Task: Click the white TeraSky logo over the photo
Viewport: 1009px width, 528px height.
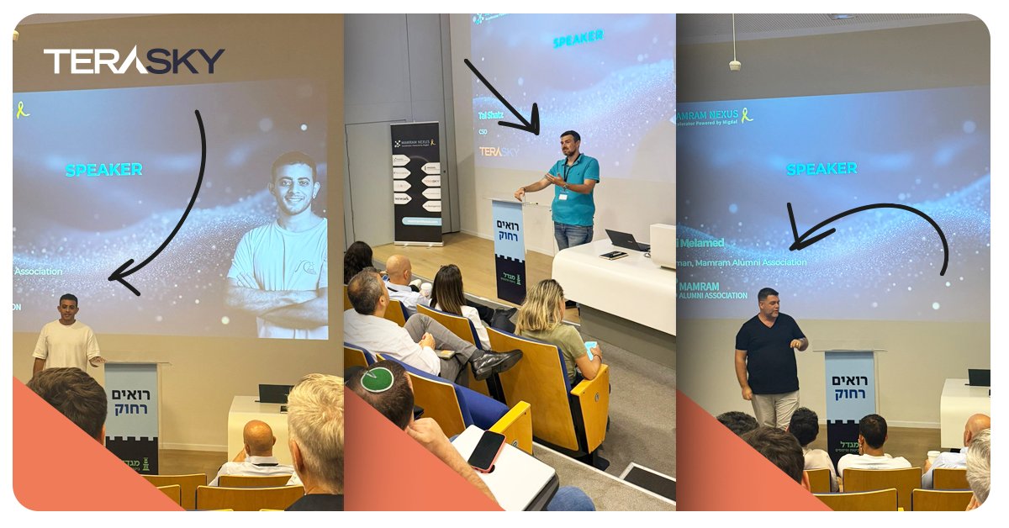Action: tap(134, 61)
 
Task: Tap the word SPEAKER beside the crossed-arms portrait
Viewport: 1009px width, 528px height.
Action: tap(103, 170)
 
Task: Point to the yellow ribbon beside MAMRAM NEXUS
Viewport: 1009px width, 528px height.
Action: tap(746, 114)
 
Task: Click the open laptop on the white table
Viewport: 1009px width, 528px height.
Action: tap(626, 240)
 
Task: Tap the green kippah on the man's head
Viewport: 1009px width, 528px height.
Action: tap(378, 378)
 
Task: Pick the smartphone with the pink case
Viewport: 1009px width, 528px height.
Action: tap(486, 450)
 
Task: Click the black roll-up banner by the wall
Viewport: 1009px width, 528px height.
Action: tap(416, 182)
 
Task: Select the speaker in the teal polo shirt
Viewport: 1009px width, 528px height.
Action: tap(574, 189)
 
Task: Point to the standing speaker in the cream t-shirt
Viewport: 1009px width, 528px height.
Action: tap(66, 336)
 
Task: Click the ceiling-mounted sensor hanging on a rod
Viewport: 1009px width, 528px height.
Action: tap(734, 64)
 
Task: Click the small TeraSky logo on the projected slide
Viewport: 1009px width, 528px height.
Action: tap(499, 152)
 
